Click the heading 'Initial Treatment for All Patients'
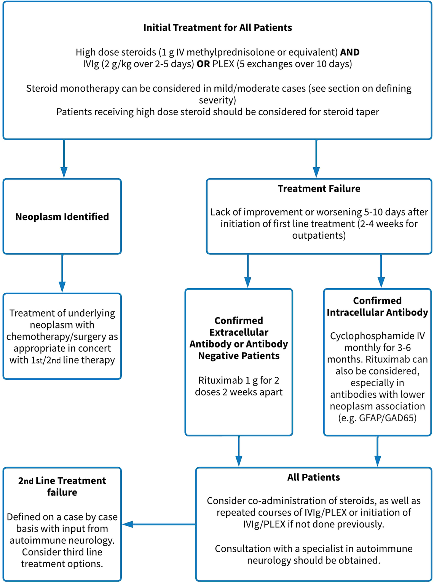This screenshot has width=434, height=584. [x=217, y=28]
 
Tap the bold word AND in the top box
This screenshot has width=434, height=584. [x=349, y=52]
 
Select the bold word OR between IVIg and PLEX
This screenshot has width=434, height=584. [x=203, y=64]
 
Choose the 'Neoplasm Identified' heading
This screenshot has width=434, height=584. [x=62, y=217]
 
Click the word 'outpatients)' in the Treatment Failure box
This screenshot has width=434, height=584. [x=319, y=236]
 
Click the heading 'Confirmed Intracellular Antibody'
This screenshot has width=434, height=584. [x=377, y=306]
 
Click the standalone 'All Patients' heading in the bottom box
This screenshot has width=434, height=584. [x=313, y=478]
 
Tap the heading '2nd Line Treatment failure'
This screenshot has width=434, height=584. [x=62, y=486]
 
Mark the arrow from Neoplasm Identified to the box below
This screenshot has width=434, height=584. [x=62, y=273]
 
